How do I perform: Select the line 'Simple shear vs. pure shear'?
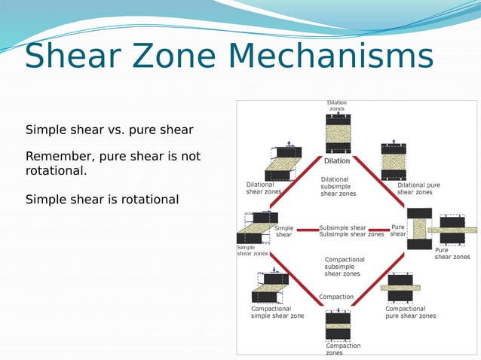[109, 130]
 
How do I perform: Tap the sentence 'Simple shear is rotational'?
[102, 200]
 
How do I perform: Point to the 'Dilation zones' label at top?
[337, 105]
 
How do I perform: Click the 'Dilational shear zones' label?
[264, 188]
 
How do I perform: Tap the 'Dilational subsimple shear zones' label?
[338, 187]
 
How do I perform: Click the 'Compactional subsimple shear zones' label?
[344, 267]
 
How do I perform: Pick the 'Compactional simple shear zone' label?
[277, 313]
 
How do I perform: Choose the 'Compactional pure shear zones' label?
[410, 313]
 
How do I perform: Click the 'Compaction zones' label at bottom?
[343, 349]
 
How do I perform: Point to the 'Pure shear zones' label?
[452, 254]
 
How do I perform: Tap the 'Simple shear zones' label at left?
[252, 250]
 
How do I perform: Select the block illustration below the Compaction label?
[337, 325]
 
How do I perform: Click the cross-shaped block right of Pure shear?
[452, 229]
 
